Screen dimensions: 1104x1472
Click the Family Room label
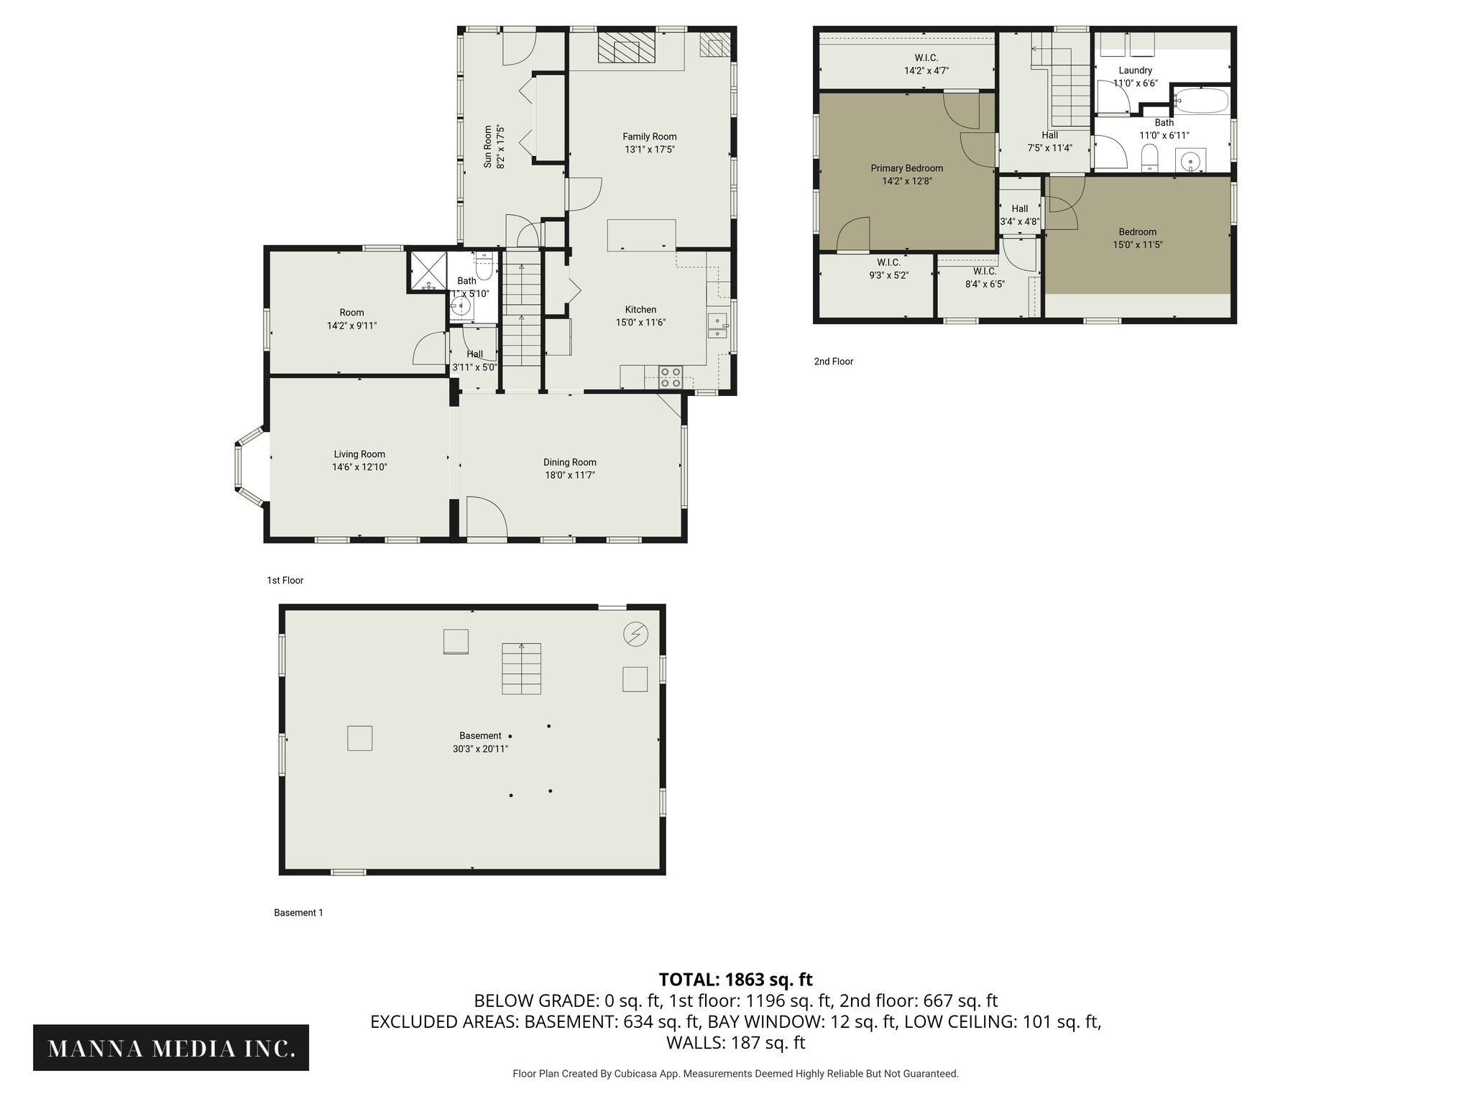coord(649,137)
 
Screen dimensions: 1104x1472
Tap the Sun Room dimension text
coord(500,147)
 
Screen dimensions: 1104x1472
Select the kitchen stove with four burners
coord(671,377)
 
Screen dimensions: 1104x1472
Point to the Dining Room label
coord(569,462)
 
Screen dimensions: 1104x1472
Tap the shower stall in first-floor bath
coord(428,271)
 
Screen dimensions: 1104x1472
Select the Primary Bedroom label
coord(906,168)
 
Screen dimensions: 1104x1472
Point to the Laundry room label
coord(1135,70)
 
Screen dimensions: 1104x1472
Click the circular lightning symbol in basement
coord(636,634)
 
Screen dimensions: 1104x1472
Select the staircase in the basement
coord(521,668)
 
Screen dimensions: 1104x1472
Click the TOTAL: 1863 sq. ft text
coord(735,979)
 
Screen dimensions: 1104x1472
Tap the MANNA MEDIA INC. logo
coord(171,1049)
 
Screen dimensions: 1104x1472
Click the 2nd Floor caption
coord(833,362)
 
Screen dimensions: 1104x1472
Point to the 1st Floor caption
coord(285,580)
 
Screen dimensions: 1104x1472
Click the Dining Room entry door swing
coord(486,517)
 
